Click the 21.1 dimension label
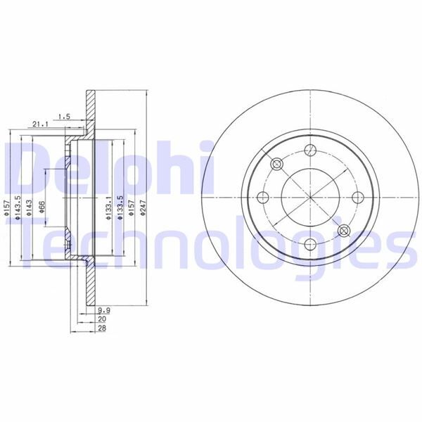click(39, 124)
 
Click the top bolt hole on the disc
click(310, 149)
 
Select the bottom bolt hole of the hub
click(310, 244)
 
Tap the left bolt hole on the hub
click(263, 197)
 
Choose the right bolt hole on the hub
click(357, 197)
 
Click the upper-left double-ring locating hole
click(276, 163)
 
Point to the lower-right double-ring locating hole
click(344, 230)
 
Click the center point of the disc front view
click(310, 197)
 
